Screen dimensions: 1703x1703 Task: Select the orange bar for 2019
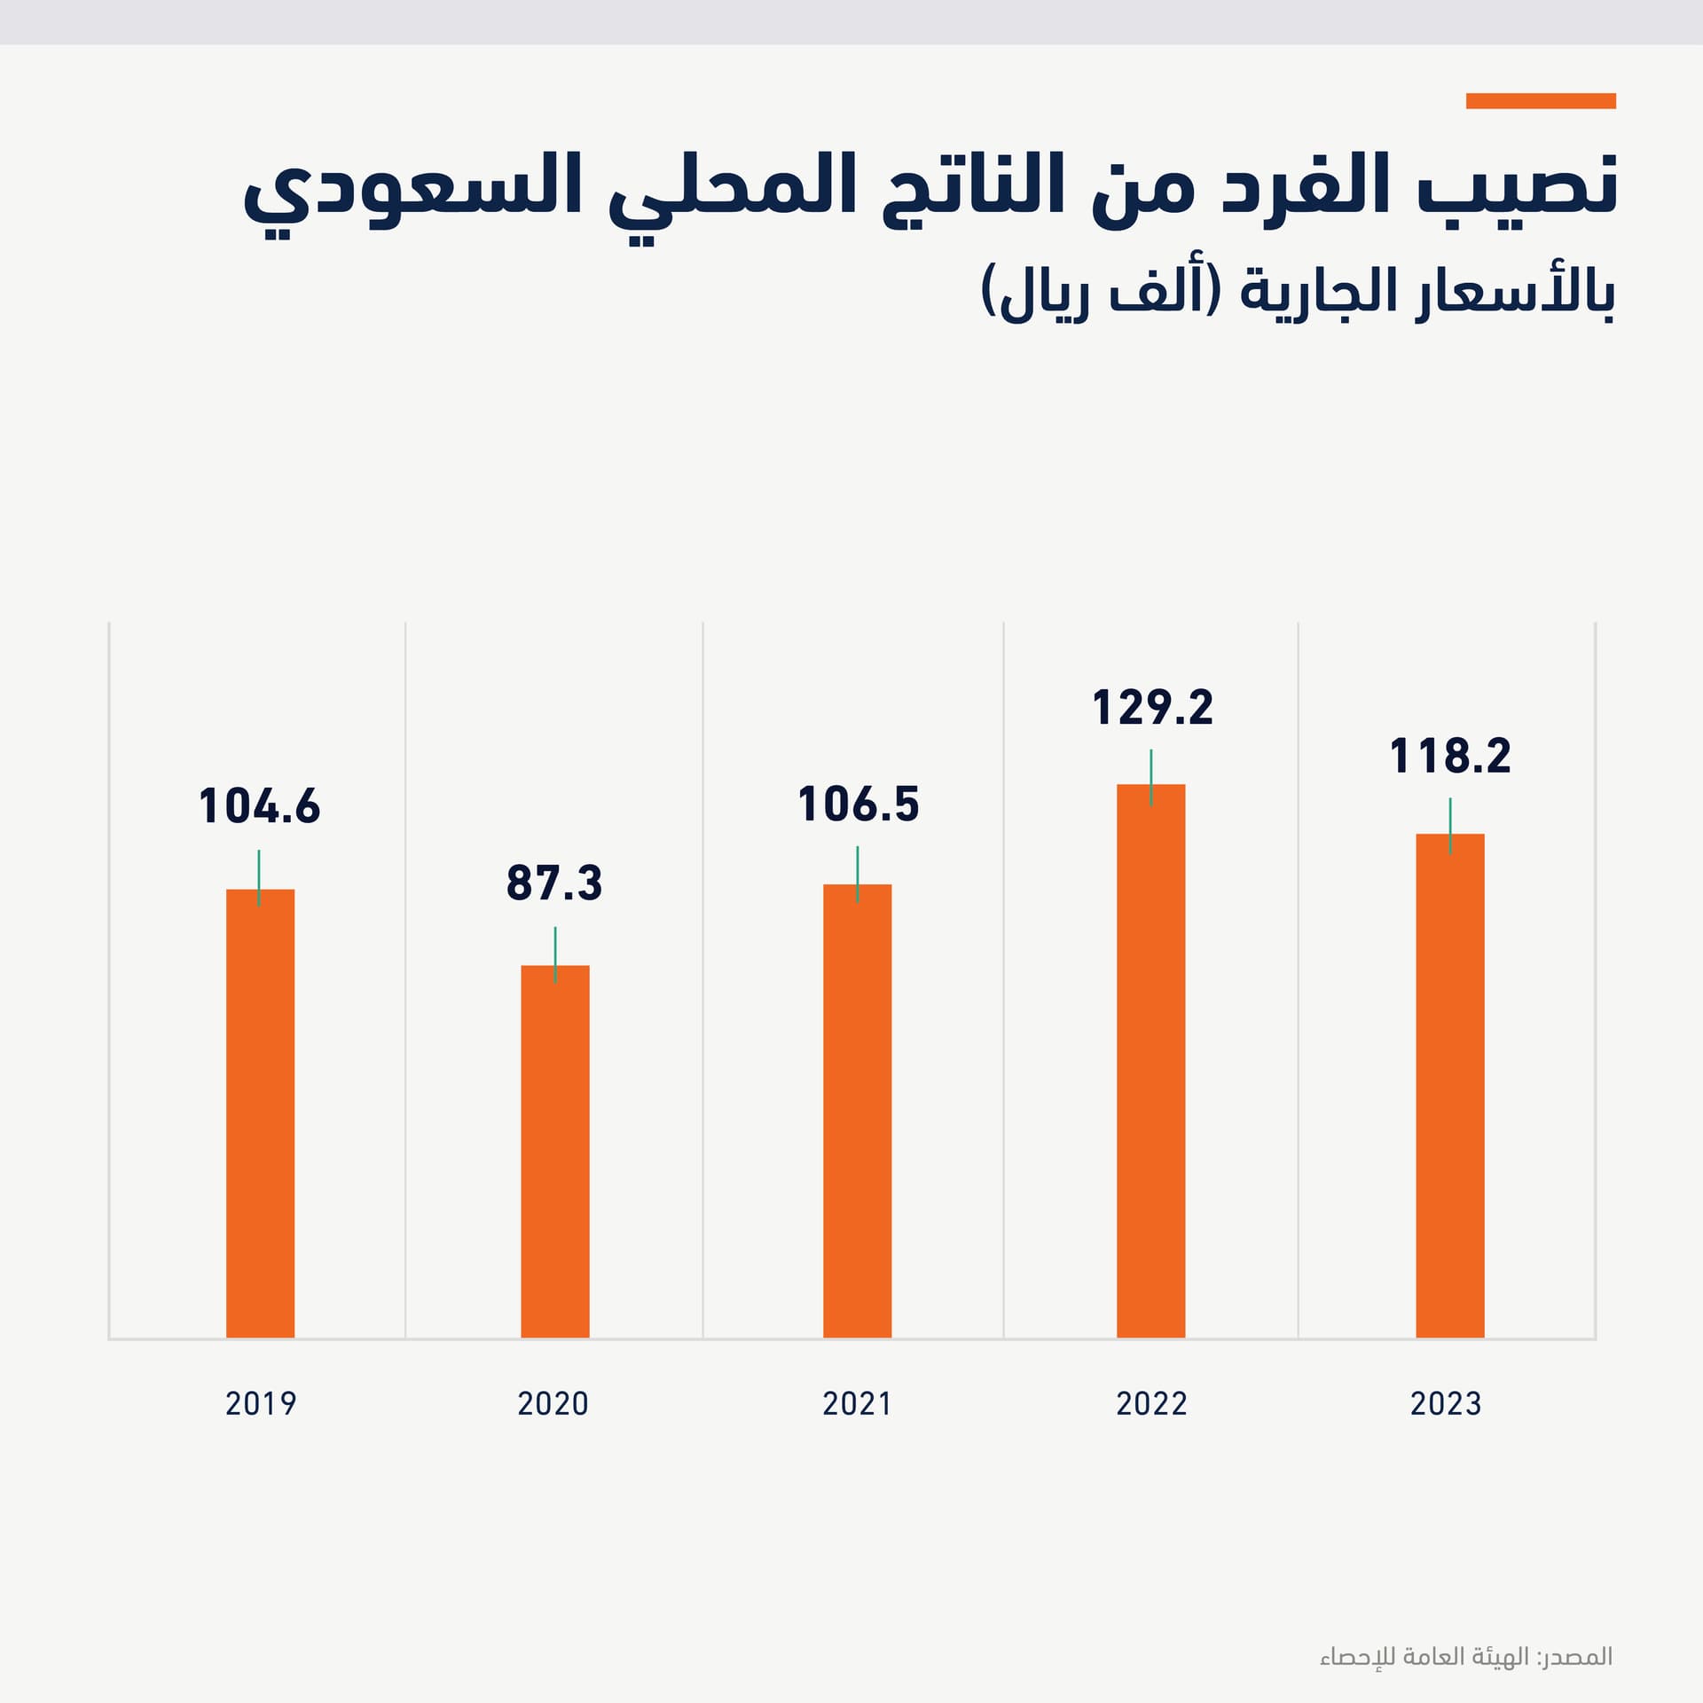tap(260, 1113)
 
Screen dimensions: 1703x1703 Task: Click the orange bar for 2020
tap(554, 1151)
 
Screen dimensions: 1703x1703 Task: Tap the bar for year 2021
tap(857, 1110)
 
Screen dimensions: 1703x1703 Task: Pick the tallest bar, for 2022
tap(1150, 1061)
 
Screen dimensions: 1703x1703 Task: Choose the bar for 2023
tap(1449, 1086)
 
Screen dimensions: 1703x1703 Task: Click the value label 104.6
tap(259, 807)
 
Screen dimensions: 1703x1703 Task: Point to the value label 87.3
tap(554, 884)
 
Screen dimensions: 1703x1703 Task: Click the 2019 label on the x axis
tap(260, 1404)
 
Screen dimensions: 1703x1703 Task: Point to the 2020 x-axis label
tap(553, 1404)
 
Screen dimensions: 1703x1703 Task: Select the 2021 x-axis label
tap(856, 1404)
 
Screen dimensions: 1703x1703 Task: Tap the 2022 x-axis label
tap(1150, 1404)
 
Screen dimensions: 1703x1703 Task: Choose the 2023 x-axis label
tap(1445, 1404)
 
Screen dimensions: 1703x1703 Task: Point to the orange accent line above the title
tap(1540, 101)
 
